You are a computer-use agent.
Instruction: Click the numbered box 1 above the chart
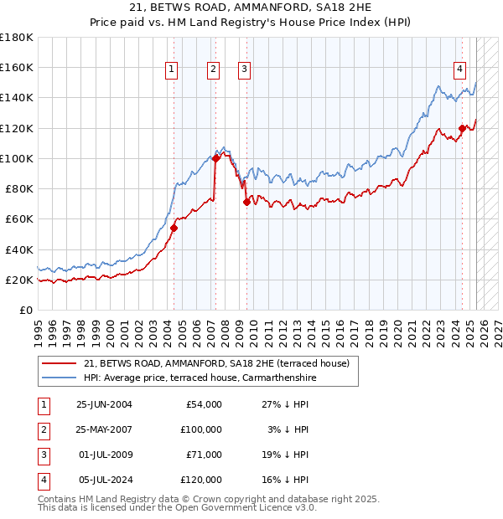tap(171, 69)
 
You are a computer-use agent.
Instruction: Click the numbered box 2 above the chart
tap(213, 69)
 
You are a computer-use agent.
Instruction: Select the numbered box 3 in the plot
tap(244, 69)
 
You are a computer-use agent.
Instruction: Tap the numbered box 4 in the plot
tap(460, 69)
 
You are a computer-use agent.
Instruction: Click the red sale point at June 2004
tap(174, 228)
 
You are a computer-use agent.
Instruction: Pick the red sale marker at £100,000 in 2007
tap(215, 157)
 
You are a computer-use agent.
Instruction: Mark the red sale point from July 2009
tap(246, 202)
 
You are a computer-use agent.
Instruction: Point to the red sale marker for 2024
tap(462, 128)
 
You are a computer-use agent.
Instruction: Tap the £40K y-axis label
tap(19, 249)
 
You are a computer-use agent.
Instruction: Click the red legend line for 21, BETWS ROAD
tap(59, 363)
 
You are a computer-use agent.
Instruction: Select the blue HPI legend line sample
tap(59, 378)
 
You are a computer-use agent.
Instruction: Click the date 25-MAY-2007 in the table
tap(104, 429)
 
